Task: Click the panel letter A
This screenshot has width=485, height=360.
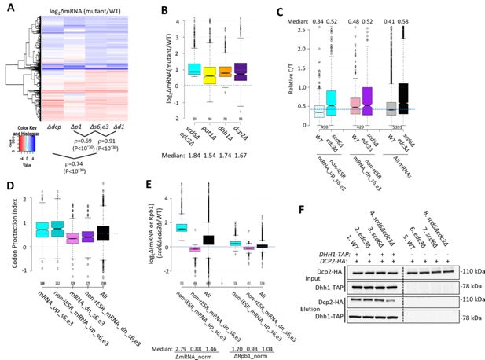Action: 8,9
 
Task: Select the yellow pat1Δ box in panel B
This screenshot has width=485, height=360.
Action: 187,75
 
